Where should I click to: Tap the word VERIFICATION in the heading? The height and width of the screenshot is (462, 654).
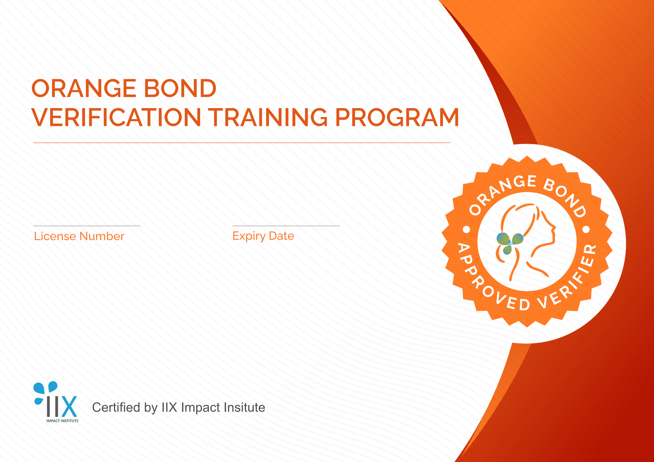pyautogui.click(x=116, y=117)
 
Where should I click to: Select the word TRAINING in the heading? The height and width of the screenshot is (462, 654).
pyautogui.click(x=268, y=117)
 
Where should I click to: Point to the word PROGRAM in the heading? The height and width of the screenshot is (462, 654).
pyautogui.click(x=397, y=117)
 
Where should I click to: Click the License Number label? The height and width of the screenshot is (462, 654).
pyautogui.click(x=79, y=236)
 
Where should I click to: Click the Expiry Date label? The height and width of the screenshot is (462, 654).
pyautogui.click(x=263, y=236)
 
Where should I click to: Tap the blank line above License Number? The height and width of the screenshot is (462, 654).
pyautogui.click(x=87, y=226)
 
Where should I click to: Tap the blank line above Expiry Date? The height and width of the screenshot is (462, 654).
pyautogui.click(x=286, y=226)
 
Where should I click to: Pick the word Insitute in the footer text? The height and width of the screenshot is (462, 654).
pyautogui.click(x=245, y=407)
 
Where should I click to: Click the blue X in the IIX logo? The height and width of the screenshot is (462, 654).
pyautogui.click(x=69, y=407)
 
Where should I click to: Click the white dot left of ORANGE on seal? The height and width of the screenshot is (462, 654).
pyautogui.click(x=467, y=230)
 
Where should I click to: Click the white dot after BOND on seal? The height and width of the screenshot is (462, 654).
pyautogui.click(x=586, y=230)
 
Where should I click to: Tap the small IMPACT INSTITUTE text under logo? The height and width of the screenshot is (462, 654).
pyautogui.click(x=62, y=421)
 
